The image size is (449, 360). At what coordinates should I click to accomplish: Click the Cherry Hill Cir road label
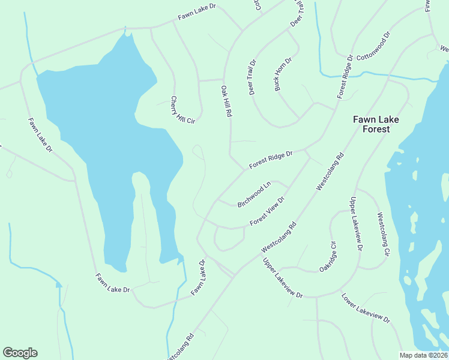(182, 110)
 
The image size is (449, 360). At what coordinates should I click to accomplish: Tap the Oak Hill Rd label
(226, 101)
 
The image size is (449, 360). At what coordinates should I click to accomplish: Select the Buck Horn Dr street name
(283, 74)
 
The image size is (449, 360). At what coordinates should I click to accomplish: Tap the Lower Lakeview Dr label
(366, 307)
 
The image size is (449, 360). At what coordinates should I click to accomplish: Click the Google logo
(20, 353)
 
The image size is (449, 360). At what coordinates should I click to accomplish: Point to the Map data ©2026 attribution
(423, 355)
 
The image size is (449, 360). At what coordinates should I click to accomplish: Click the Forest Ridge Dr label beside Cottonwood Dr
(344, 77)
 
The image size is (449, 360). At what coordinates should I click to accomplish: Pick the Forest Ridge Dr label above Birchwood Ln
(271, 160)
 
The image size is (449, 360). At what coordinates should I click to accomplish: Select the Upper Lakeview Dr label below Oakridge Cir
(283, 278)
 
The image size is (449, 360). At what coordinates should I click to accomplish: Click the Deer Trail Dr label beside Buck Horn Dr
(252, 77)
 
